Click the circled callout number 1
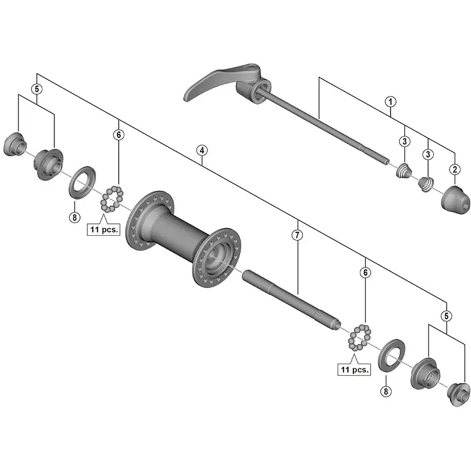pyautogui.click(x=389, y=102)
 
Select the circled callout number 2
pyautogui.click(x=455, y=170)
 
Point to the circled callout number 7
pyautogui.click(x=297, y=235)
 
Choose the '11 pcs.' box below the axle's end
pyautogui.click(x=354, y=370)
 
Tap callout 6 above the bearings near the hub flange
pyautogui.click(x=119, y=135)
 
